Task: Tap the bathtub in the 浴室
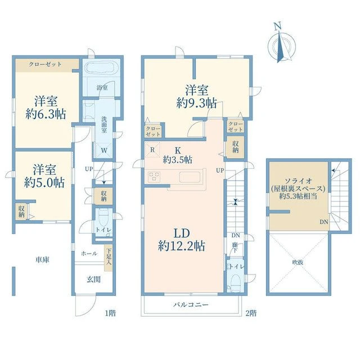pos(101,68)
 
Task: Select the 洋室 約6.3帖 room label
pos(46,107)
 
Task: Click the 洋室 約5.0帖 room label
pos(44,176)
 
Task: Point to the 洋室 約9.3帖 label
pos(197,96)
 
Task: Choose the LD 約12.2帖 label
pos(181,240)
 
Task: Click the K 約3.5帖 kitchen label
pos(178,155)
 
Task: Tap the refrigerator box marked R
pos(152,150)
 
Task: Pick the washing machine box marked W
pos(103,150)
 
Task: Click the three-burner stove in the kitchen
pos(154,177)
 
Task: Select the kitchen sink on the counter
pos(190,177)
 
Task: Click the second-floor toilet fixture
pos(235,282)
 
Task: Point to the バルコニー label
pos(191,305)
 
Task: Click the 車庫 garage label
pos(43,260)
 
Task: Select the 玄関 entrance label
pos(94,280)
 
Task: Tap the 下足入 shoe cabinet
pos(109,258)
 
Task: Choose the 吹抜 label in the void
pos(298,262)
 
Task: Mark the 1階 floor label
pos(110,313)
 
